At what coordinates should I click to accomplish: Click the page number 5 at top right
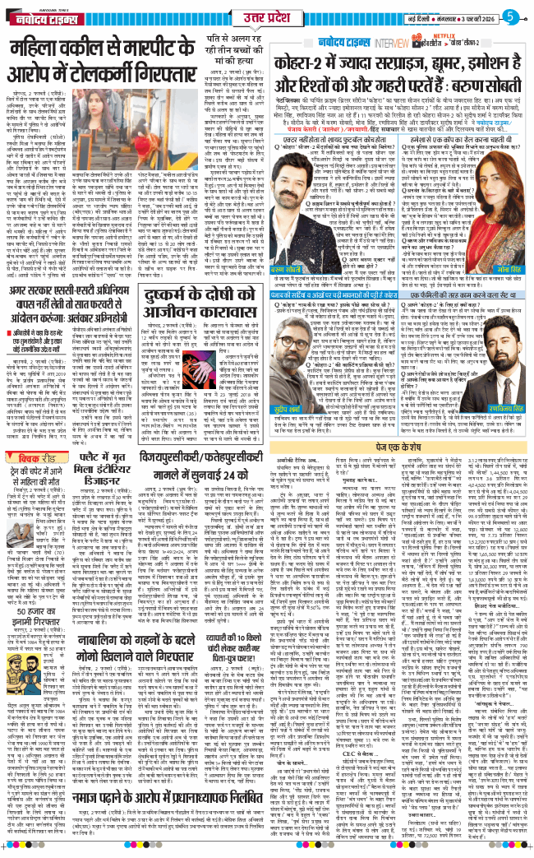coord(518,16)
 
